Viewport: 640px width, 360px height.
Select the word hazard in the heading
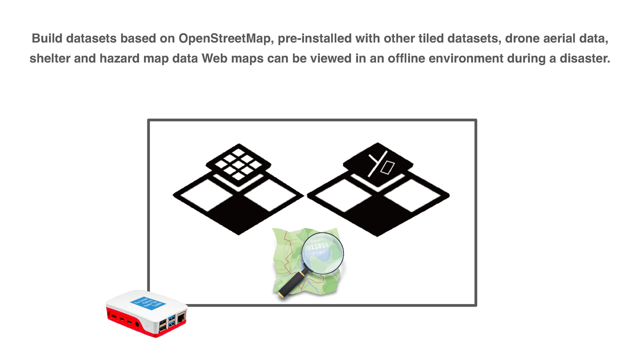click(x=120, y=59)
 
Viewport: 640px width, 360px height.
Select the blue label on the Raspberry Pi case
click(x=148, y=303)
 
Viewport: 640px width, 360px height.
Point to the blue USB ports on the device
click(x=172, y=320)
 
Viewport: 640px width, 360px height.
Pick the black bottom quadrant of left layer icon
click(x=238, y=213)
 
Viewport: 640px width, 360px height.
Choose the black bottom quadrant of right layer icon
click(x=377, y=215)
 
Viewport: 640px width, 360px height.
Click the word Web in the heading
click(x=212, y=59)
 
